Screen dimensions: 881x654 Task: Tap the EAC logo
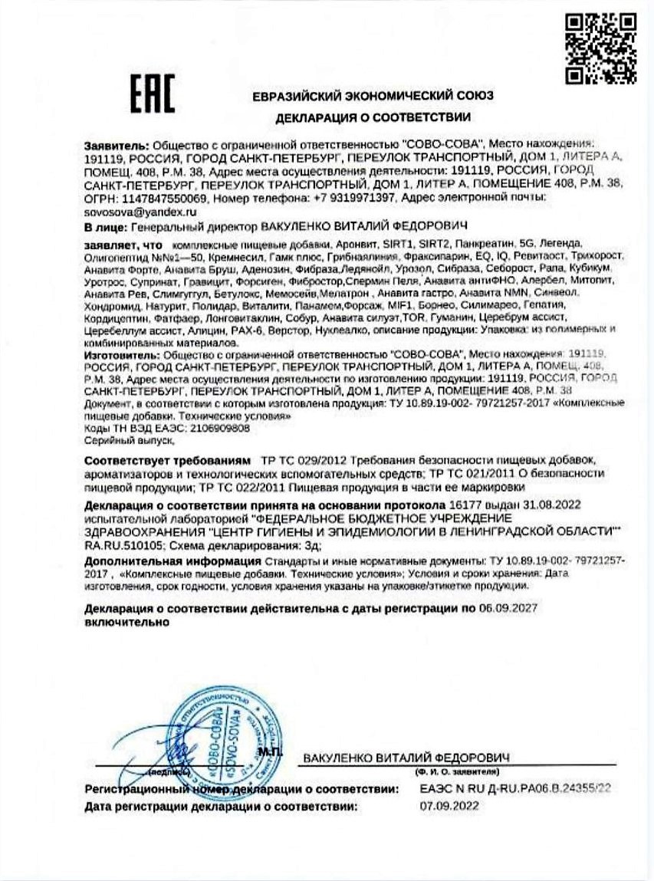tap(152, 94)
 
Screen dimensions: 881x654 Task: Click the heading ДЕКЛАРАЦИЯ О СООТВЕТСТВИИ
tap(373, 117)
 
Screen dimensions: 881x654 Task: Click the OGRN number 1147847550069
tap(151, 198)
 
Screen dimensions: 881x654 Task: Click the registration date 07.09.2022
tap(449, 805)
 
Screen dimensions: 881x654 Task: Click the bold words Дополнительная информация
tap(159, 561)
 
